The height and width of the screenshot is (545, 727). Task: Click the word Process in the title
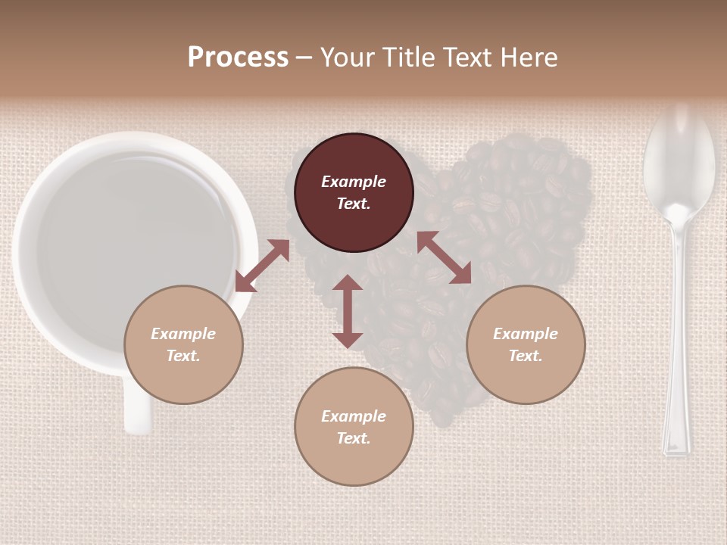point(238,58)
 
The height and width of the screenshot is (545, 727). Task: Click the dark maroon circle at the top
point(354,193)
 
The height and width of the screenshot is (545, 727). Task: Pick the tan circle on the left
point(183,344)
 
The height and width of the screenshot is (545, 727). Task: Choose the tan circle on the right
point(526,344)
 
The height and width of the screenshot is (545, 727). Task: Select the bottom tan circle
point(354,426)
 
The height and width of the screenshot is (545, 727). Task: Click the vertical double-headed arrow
point(348,311)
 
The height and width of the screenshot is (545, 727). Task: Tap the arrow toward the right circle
point(445,257)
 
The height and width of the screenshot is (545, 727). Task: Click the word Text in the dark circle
point(353,204)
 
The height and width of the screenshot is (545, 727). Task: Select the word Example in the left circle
point(183,334)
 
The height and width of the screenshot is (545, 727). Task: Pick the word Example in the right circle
point(526,334)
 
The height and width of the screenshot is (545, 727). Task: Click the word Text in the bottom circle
point(353,438)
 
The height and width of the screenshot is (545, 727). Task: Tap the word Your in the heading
point(348,58)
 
